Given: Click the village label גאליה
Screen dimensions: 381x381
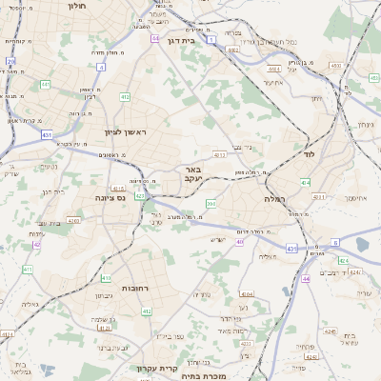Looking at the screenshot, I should click(x=30, y=304).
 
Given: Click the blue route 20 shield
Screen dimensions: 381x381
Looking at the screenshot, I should click(x=11, y=61).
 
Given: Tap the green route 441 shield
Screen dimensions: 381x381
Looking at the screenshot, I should click(x=45, y=85).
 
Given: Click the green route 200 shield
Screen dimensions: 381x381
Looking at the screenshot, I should click(x=211, y=203).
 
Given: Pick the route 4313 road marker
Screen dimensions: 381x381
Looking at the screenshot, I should click(x=220, y=154).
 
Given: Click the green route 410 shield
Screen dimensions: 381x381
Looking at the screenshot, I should click(x=105, y=278).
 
